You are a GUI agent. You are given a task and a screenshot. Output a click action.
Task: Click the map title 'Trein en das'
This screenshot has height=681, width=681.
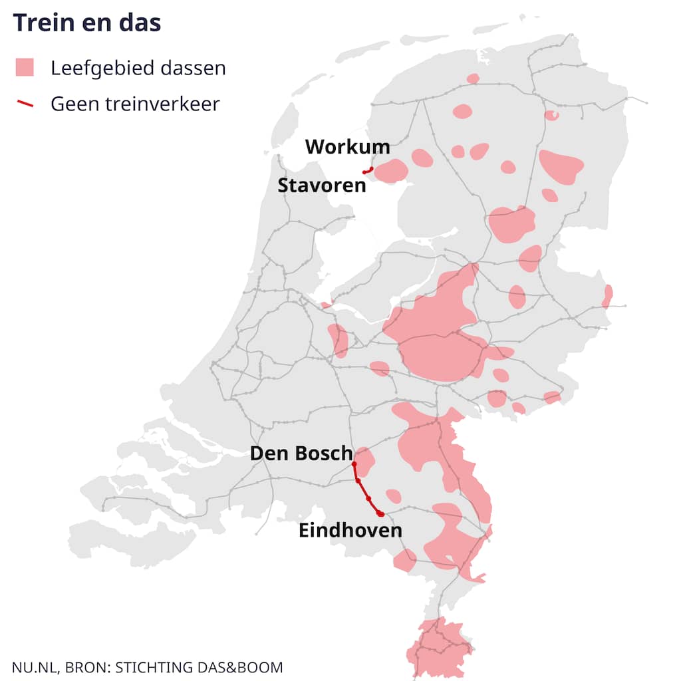click(x=87, y=23)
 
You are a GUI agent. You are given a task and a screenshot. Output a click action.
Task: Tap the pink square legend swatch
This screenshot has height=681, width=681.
click(x=25, y=68)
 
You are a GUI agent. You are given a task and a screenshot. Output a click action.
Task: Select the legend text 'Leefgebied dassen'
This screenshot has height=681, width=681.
click(x=138, y=68)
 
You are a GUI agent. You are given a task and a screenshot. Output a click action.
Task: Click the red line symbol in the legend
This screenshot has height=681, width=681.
click(x=25, y=104)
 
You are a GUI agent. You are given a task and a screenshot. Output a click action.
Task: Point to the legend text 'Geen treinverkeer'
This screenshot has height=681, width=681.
click(x=135, y=104)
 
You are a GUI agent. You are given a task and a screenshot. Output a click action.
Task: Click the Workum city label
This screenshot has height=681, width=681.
click(x=348, y=146)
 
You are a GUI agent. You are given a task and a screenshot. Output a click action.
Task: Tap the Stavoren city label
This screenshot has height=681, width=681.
click(x=322, y=185)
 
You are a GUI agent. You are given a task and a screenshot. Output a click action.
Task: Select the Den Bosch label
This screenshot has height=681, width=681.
click(x=301, y=454)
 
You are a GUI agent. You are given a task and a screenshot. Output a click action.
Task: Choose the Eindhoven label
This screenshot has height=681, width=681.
click(x=350, y=531)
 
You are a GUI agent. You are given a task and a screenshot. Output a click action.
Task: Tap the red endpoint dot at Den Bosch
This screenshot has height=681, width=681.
click(x=354, y=464)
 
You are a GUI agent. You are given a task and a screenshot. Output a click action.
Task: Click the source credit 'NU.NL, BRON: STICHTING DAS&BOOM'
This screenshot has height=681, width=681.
click(x=147, y=667)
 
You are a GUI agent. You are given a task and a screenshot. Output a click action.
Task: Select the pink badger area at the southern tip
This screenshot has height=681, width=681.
click(x=436, y=648)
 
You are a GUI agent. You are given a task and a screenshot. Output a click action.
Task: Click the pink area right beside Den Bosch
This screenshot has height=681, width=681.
click(x=366, y=459)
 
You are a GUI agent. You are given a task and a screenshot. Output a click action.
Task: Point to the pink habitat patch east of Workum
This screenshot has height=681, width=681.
click(x=391, y=171)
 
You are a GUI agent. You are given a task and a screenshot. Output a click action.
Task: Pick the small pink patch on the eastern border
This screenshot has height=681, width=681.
click(x=607, y=296)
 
